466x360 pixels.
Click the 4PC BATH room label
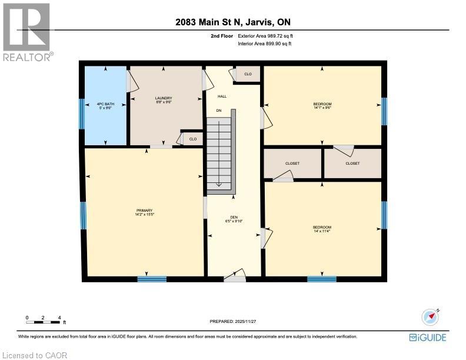105,104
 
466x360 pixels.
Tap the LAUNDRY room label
163,98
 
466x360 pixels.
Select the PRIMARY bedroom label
144,211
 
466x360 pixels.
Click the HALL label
222,96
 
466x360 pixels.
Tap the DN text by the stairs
219,111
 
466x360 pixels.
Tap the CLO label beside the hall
248,74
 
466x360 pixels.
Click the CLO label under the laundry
193,139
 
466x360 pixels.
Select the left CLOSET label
292,163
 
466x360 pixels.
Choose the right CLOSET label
352,163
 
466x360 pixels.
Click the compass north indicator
431,316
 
